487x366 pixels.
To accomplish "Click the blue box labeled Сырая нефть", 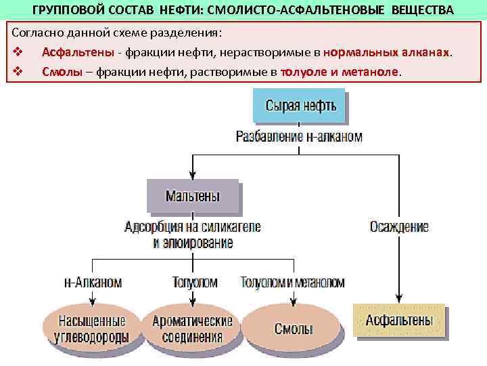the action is click(x=300, y=106).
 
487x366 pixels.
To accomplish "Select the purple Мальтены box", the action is click(x=193, y=197).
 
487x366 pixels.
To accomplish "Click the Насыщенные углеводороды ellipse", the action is click(x=92, y=327).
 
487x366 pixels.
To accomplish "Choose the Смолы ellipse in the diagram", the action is click(x=293, y=329).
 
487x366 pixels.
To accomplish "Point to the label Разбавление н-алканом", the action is click(x=299, y=137).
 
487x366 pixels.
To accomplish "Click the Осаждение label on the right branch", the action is click(x=399, y=227).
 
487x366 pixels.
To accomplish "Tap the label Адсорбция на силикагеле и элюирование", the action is click(x=193, y=234).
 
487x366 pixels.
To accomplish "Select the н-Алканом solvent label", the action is click(x=93, y=282).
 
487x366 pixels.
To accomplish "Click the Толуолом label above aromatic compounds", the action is click(x=195, y=282).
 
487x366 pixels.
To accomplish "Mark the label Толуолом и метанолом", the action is click(x=292, y=282).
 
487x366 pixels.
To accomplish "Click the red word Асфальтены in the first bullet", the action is click(x=72, y=52).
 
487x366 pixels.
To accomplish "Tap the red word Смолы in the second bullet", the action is click(x=57, y=71).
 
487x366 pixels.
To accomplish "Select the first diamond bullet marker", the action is click(x=17, y=53).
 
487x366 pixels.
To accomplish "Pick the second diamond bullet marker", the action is click(x=17, y=71).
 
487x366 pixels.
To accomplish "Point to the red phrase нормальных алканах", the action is click(x=386, y=52).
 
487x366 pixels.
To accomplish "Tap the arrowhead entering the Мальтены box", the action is click(x=193, y=175).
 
